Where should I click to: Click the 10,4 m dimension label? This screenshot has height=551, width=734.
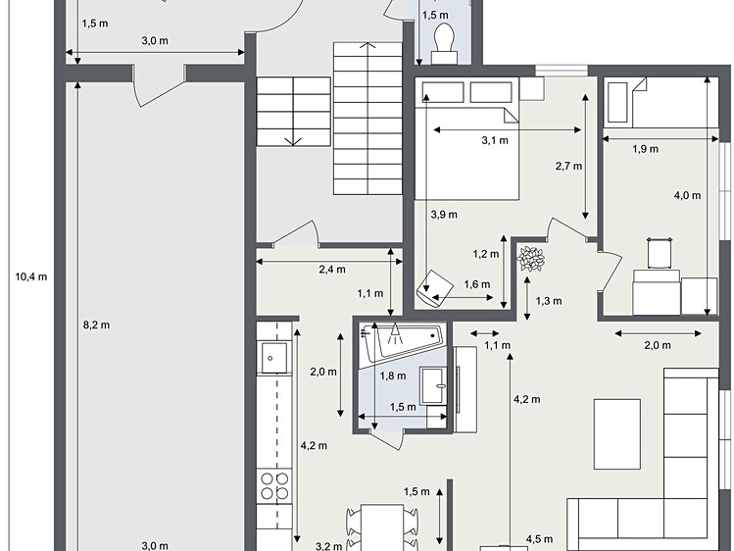[x=31, y=276]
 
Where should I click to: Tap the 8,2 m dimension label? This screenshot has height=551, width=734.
[x=96, y=325]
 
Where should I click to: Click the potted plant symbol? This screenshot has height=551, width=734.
[x=531, y=259]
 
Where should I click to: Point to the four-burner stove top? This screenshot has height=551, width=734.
[x=274, y=486]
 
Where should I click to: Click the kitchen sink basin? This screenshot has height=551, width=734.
[x=273, y=358]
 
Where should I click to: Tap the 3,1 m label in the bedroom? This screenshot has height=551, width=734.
[x=495, y=140]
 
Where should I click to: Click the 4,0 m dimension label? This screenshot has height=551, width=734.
[x=687, y=196]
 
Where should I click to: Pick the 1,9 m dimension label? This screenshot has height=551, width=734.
[x=646, y=149]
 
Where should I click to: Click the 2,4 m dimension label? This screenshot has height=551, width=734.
[x=332, y=270]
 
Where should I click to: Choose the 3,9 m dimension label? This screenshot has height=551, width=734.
[x=444, y=215]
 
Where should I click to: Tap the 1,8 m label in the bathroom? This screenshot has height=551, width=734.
[x=393, y=376]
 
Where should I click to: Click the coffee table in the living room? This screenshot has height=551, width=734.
[x=617, y=434]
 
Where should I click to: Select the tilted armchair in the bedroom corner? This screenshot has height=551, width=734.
[x=434, y=288]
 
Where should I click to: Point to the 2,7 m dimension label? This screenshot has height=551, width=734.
[x=568, y=167]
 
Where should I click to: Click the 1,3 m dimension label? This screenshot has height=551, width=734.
[x=549, y=301]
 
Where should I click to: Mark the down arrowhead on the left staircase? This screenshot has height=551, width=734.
[x=293, y=141]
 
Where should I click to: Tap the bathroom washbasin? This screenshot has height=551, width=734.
[x=433, y=385]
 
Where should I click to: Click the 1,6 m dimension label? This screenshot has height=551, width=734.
[x=477, y=284]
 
